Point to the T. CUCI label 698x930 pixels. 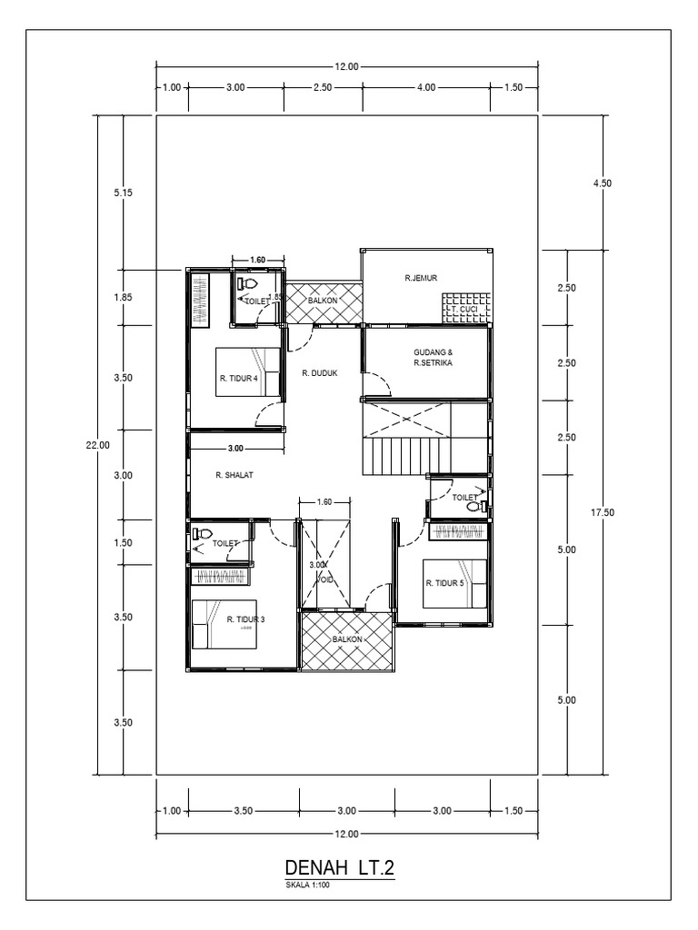pos(464,310)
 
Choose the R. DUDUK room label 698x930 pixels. pos(320,372)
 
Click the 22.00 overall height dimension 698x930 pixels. pos(98,445)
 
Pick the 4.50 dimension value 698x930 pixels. pos(603,183)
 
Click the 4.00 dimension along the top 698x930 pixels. pos(425,88)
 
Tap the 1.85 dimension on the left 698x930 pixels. pos(124,297)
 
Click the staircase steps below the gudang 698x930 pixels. pos(404,455)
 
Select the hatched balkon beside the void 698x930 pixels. pos(346,640)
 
